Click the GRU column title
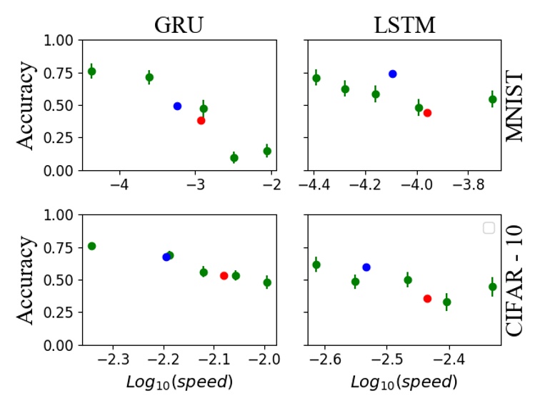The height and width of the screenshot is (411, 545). point(179,24)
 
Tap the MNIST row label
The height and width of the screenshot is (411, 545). point(515,106)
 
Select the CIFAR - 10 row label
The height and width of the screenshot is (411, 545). point(515,280)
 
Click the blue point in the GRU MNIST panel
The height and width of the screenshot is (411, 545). point(177,106)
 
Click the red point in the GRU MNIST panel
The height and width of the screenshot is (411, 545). point(201,120)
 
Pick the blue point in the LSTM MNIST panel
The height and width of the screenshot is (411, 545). point(392,74)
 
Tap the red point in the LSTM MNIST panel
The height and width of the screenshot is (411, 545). point(427,112)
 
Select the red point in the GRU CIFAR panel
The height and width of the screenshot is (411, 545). point(224,275)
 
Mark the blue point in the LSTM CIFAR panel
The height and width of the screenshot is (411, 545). point(366,267)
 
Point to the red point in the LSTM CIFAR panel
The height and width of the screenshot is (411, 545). point(427,298)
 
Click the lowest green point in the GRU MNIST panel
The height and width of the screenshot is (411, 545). point(234,157)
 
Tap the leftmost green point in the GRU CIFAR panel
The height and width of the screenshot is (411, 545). point(91,246)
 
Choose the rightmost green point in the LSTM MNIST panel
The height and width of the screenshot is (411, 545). point(492,99)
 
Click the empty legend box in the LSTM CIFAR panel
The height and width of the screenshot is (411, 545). point(489,227)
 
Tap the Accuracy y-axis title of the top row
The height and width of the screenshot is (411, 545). point(26,106)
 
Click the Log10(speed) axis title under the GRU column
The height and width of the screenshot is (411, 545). point(179,382)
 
